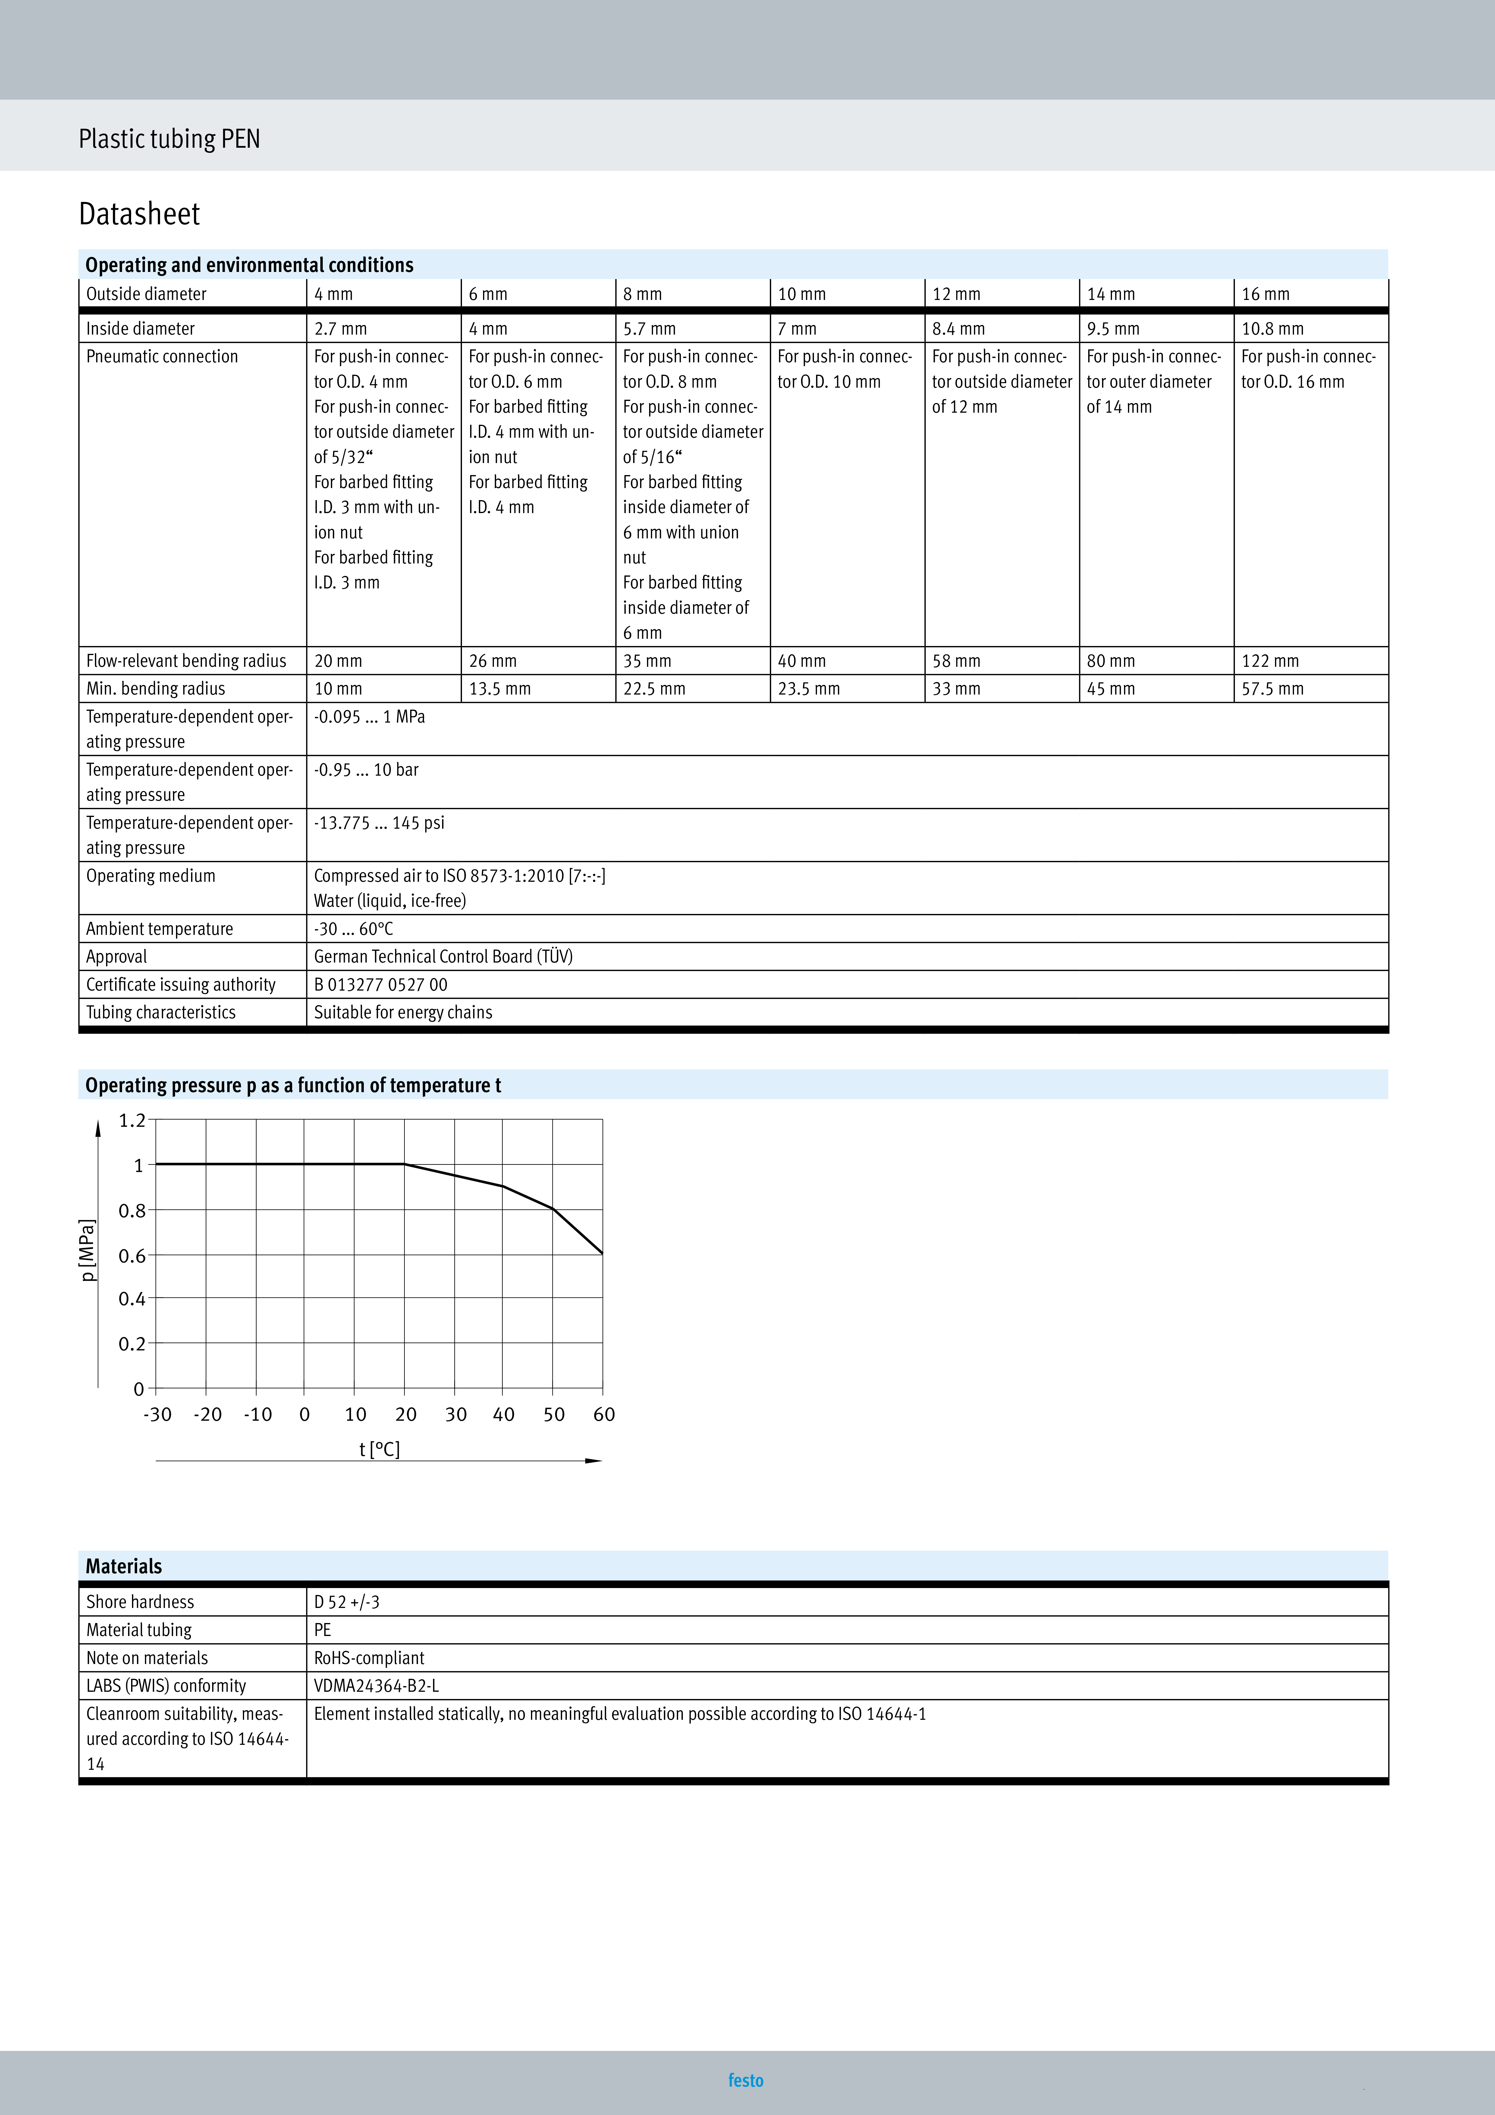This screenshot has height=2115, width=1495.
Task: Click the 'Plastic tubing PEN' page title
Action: (169, 139)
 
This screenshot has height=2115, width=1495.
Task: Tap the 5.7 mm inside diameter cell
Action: (649, 329)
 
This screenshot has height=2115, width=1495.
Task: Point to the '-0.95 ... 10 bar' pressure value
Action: (366, 770)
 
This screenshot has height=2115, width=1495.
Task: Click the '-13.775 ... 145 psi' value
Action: (378, 823)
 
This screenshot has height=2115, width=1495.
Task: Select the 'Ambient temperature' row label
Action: (159, 928)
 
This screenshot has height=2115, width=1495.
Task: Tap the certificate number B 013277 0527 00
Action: (380, 985)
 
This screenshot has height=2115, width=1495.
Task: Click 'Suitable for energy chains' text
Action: (403, 1012)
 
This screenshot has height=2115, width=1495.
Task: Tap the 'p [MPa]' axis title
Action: (87, 1250)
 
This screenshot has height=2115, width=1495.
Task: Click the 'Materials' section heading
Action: (124, 1566)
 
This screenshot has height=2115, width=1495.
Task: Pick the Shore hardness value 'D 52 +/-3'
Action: (346, 1602)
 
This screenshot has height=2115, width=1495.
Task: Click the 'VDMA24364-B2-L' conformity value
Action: (376, 1686)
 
